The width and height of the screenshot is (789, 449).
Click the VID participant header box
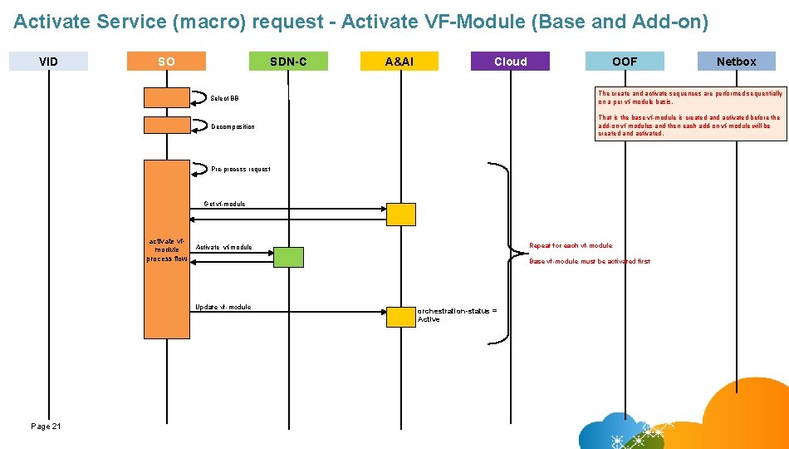coord(48,62)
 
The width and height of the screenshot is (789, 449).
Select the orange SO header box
coord(166,62)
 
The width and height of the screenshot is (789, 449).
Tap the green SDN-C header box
coord(288,62)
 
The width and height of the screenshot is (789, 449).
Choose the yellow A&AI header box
coord(399,62)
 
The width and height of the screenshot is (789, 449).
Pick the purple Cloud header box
coord(510,62)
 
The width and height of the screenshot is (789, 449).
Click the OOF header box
coord(625,62)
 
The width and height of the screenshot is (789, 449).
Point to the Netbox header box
coord(736,62)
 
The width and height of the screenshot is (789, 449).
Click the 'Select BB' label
coord(224,99)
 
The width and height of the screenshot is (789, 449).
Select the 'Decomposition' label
coord(233,127)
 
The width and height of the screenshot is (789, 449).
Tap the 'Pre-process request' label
coord(240,170)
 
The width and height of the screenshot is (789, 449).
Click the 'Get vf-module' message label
coord(224,204)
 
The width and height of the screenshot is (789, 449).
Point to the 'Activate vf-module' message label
coord(224,248)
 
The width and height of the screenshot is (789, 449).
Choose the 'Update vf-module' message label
coord(223,307)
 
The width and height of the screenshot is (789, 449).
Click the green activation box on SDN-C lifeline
coord(288,257)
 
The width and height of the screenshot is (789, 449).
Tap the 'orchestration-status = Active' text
coord(457,314)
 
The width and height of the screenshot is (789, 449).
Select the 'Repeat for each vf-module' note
coord(571,246)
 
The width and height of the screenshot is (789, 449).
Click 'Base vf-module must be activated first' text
coord(590,262)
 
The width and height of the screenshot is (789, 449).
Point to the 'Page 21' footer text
coord(46,427)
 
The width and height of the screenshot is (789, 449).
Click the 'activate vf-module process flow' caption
coord(167,249)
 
